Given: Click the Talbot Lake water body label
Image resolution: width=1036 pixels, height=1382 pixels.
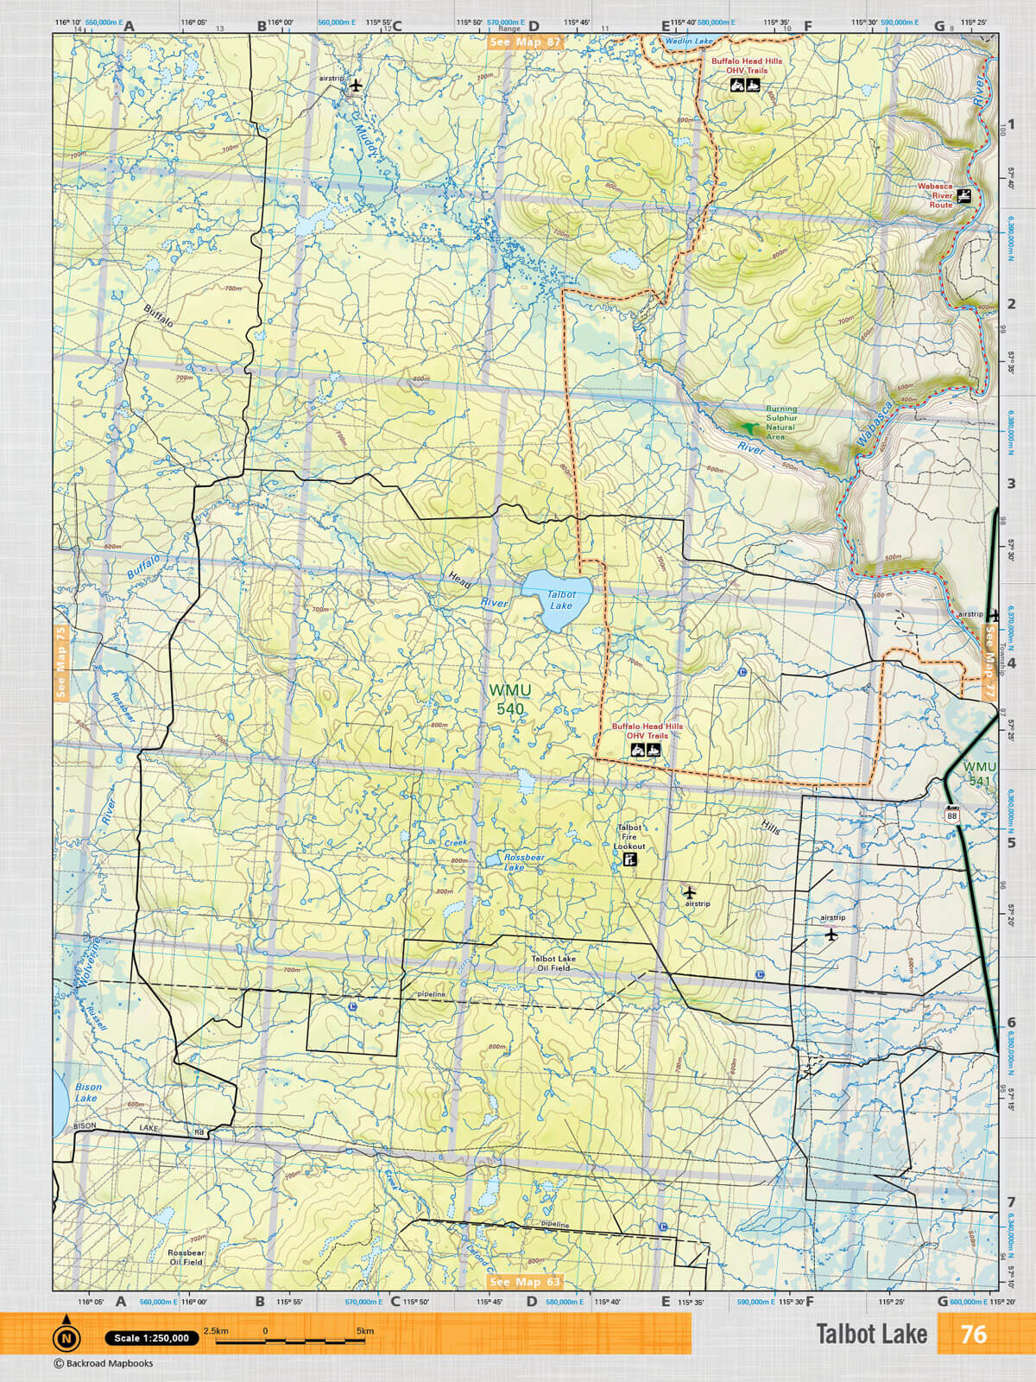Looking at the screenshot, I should pos(561,599).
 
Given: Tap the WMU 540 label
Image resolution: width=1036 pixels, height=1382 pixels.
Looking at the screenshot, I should pos(510,700).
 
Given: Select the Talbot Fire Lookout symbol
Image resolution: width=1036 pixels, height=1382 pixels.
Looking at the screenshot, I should pos(630,861).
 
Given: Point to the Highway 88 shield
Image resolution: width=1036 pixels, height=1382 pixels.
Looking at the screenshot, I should pos(951,815).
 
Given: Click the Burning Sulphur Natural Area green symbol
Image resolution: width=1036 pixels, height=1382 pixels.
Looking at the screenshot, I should pos(748,427).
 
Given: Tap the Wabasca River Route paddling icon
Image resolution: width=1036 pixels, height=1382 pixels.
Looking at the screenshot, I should pos(964,196).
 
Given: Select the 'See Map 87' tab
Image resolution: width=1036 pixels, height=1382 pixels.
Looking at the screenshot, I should pos(524,41).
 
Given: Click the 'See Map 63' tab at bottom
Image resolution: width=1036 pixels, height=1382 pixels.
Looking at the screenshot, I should pos(524,1282).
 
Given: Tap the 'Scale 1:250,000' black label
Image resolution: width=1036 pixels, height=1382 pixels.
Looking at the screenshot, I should pos(152,1338).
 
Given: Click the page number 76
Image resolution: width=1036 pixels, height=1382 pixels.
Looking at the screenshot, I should pos(973,1334).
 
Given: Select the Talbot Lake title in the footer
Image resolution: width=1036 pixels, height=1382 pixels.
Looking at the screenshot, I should pos(871,1334).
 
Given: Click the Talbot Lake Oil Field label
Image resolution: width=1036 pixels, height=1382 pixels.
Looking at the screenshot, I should pos(553,963).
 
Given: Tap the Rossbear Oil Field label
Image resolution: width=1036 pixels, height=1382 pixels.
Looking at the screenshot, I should pos(186,1257).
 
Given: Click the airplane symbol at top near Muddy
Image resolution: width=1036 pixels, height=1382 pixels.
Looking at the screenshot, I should pos(355,86).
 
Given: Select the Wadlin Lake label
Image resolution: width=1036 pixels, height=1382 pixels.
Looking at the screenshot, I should pos(689,41).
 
